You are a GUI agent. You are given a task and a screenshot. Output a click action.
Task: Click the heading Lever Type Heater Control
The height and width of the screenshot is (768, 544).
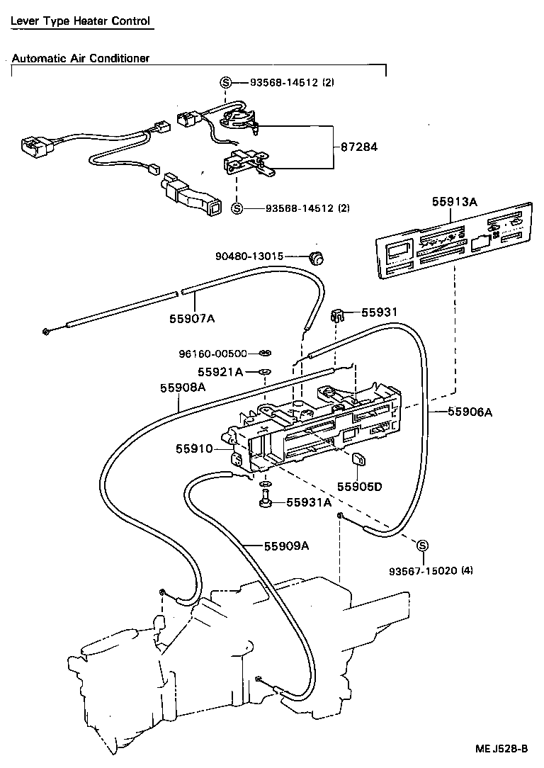pos(80,21)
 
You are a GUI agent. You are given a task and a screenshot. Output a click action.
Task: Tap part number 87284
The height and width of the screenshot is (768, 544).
pos(359,147)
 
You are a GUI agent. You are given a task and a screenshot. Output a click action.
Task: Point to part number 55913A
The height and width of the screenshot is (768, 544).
pos(454,202)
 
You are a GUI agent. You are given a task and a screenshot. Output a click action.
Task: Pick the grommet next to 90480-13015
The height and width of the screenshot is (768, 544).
pos(317,257)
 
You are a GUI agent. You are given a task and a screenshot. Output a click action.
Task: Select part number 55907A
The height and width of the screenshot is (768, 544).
pos(191,318)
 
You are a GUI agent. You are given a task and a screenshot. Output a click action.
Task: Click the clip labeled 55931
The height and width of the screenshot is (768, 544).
pos(338,315)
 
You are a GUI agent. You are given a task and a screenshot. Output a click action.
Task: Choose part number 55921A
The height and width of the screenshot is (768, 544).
pos(220,372)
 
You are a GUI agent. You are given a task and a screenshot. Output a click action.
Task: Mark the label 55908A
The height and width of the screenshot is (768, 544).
pos(182,387)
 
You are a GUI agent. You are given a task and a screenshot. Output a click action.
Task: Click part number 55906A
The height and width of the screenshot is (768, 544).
pos(469,411)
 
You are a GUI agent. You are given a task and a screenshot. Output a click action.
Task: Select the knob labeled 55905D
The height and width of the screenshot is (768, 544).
pos(358,461)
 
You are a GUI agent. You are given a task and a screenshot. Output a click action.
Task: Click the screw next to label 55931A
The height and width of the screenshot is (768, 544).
pos(266,502)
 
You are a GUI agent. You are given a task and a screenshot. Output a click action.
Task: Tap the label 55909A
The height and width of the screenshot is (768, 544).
pos(287,546)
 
